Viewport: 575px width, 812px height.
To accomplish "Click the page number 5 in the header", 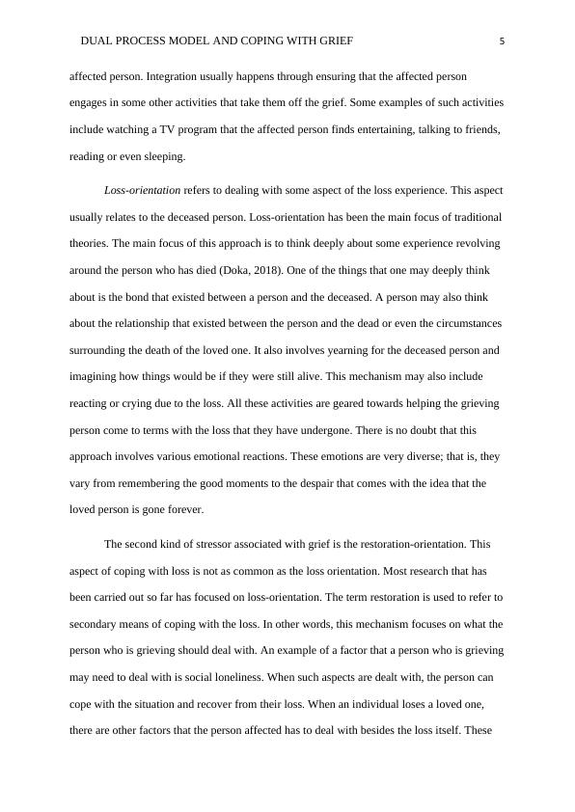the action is click(503, 41).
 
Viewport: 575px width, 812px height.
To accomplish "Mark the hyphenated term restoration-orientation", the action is click(409, 544).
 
